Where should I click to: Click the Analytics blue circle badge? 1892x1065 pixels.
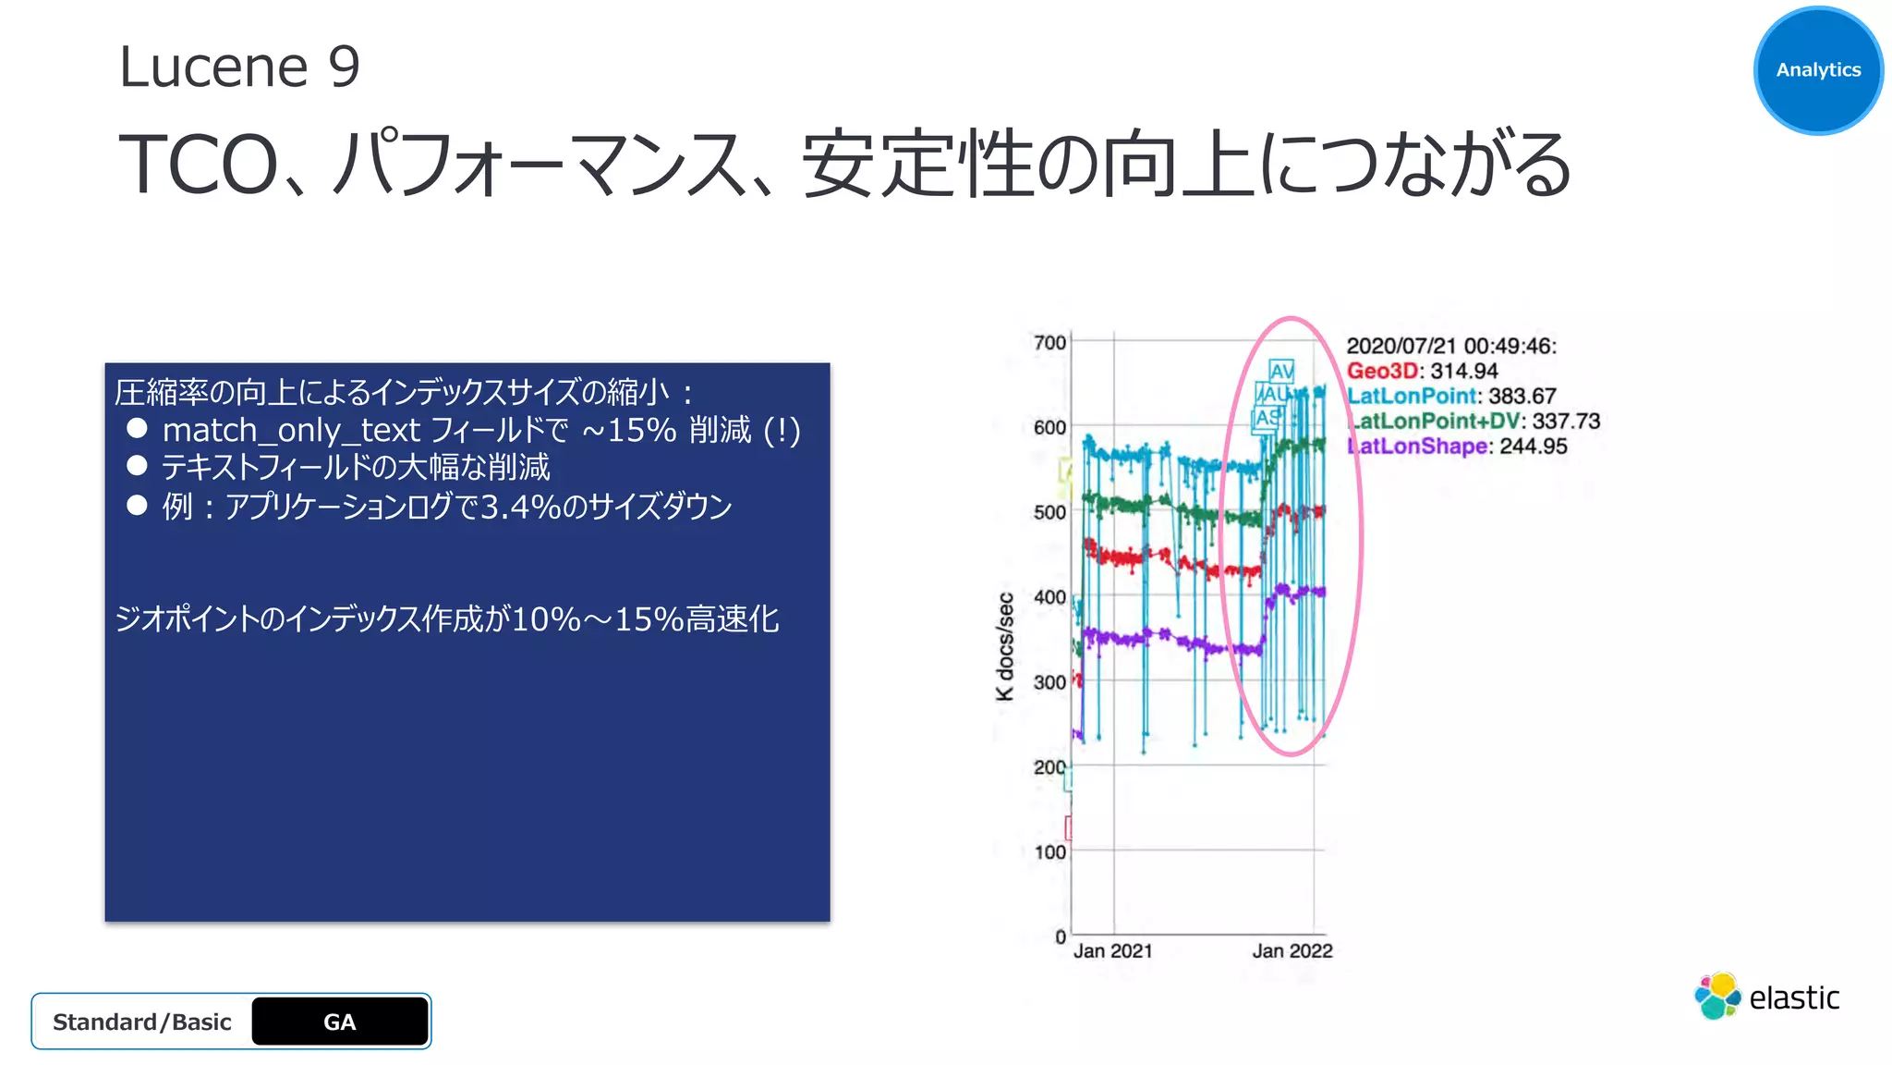click(1817, 70)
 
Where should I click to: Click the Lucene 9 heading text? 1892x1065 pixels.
click(239, 67)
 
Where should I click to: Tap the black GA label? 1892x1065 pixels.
click(339, 1022)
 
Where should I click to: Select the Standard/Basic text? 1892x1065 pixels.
click(141, 1022)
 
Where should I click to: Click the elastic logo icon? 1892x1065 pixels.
click(1716, 997)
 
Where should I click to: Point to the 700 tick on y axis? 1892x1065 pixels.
click(1049, 343)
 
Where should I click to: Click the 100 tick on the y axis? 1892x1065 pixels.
click(1049, 852)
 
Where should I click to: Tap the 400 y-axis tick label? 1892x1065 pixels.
click(1049, 597)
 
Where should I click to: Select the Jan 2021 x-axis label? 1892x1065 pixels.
click(1112, 951)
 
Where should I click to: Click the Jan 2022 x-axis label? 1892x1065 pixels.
click(1292, 951)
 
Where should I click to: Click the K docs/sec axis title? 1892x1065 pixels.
click(1005, 646)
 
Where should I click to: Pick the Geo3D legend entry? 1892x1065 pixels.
click(1381, 371)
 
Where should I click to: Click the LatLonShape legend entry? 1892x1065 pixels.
click(1417, 447)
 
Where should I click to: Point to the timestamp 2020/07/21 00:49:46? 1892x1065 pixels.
click(1450, 346)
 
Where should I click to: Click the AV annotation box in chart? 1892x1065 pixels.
click(1281, 372)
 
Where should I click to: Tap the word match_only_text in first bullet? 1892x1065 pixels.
click(291, 430)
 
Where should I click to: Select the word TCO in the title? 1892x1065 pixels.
click(197, 165)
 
